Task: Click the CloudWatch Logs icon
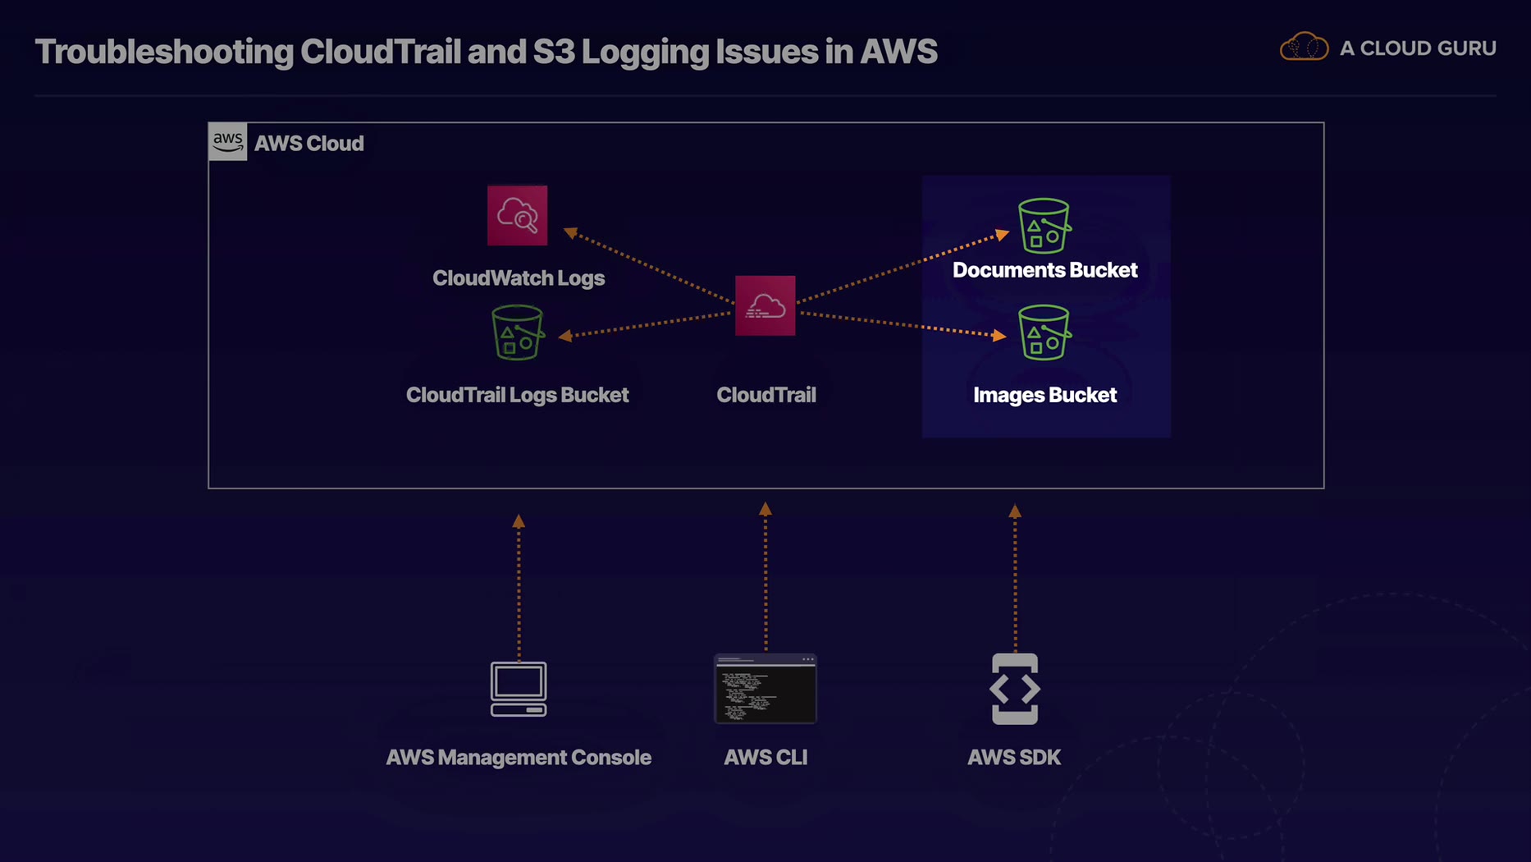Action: click(x=517, y=215)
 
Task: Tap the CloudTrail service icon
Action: click(x=765, y=305)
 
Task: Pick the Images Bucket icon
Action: click(x=1044, y=332)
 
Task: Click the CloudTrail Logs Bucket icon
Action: click(x=517, y=332)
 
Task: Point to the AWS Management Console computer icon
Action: click(x=519, y=689)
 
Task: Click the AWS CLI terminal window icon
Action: click(x=765, y=689)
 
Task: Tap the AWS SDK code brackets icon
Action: click(x=1015, y=689)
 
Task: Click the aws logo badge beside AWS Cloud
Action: click(x=227, y=141)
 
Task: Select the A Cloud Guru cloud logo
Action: click(x=1304, y=47)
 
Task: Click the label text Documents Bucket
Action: click(x=1044, y=270)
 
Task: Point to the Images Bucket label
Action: click(x=1044, y=395)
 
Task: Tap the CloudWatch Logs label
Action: click(x=519, y=278)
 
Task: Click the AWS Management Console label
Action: click(x=519, y=757)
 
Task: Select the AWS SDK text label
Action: click(x=1014, y=757)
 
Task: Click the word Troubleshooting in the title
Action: click(x=164, y=52)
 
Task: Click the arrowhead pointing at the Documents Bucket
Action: click(x=1002, y=235)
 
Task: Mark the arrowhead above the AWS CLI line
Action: click(x=765, y=509)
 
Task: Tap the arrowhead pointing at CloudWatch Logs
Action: click(x=571, y=233)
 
